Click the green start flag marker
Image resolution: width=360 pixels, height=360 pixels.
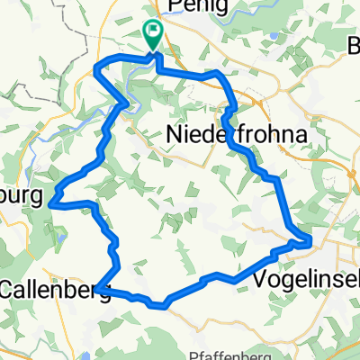coord(153,34)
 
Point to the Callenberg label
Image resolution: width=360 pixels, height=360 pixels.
coord(56,290)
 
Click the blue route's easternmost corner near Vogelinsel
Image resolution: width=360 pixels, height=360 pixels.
coord(310,239)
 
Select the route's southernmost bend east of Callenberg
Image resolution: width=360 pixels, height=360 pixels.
coord(164,305)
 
